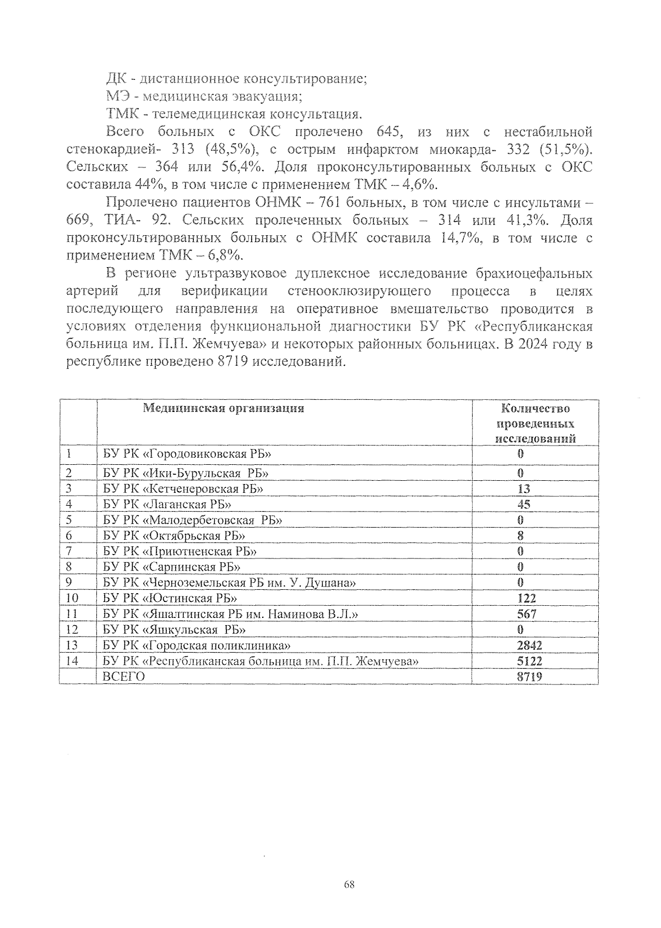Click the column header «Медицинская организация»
(224, 408)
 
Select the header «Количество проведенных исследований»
(535, 424)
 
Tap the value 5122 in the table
(529, 661)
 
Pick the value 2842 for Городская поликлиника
(529, 645)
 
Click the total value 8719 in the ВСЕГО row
(529, 676)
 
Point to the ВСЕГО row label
(124, 676)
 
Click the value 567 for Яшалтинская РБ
(527, 614)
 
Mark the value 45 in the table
(524, 504)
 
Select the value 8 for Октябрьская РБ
(521, 535)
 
